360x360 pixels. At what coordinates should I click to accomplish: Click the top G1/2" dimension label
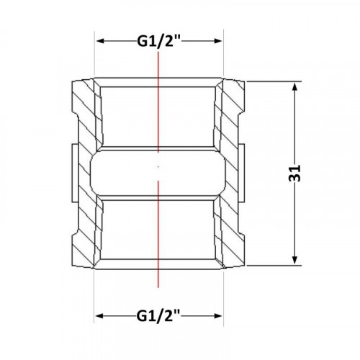point(158,41)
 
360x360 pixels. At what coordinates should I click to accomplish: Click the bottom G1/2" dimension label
point(158,148)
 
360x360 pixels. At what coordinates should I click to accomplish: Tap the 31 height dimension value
point(295,174)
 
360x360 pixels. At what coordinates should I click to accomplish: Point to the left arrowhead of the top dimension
point(101,41)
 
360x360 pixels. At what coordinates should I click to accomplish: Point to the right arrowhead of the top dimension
point(217,41)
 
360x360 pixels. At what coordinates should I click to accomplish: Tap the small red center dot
point(158,166)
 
